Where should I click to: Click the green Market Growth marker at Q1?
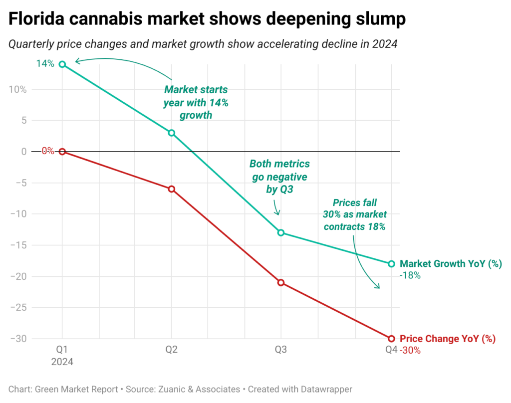click(62, 64)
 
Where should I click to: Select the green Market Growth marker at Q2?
click(172, 133)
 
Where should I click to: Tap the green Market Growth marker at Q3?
click(281, 232)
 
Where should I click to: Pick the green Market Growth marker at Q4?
click(391, 264)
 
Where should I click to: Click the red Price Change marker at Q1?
click(62, 152)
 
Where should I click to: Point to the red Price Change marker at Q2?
click(172, 189)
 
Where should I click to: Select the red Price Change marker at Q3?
click(281, 282)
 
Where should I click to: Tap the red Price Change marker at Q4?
click(391, 339)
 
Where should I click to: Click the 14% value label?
click(45, 64)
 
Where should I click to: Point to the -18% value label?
click(410, 275)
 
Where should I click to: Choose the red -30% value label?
click(410, 350)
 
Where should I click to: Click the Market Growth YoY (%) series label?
click(451, 264)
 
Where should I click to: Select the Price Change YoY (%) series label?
click(448, 339)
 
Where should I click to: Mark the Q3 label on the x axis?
click(281, 350)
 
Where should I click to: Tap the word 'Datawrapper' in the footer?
click(330, 389)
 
